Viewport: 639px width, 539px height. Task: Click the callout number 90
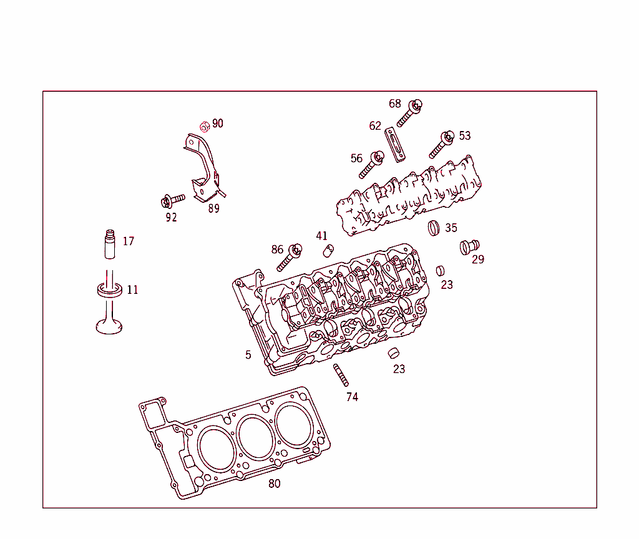click(x=217, y=124)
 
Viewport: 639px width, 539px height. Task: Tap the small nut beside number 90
click(x=204, y=127)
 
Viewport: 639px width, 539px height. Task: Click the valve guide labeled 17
click(x=110, y=245)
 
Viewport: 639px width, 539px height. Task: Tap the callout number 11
click(x=132, y=290)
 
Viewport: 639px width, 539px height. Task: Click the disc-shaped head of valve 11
click(x=109, y=326)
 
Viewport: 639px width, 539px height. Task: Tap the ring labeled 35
click(x=434, y=228)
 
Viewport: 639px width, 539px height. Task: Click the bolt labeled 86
click(x=288, y=256)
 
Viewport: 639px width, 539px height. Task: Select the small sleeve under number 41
click(x=328, y=251)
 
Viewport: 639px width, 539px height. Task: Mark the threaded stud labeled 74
click(x=341, y=375)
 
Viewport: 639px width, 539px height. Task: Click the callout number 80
click(x=275, y=483)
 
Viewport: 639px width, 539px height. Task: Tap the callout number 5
click(x=248, y=355)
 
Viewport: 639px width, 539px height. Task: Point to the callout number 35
click(x=451, y=228)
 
